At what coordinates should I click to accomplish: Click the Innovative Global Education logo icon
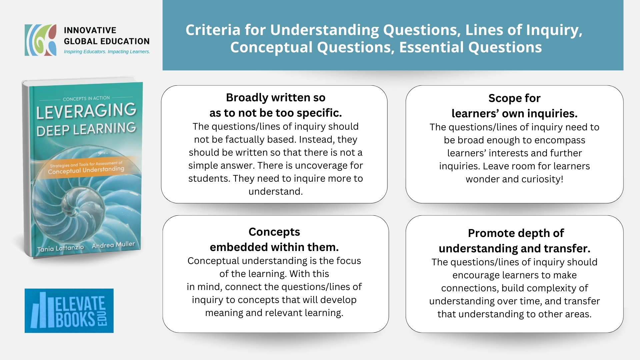[41, 40]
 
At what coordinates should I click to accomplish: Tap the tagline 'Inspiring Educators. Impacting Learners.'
[107, 52]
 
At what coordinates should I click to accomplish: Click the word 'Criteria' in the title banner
[213, 30]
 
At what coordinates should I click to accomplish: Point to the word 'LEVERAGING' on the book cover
[86, 111]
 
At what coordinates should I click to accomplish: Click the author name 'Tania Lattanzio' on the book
[61, 248]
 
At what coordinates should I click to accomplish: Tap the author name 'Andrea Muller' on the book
[113, 245]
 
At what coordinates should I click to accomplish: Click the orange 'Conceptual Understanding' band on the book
[86, 168]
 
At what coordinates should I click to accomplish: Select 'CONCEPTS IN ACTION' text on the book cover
[86, 99]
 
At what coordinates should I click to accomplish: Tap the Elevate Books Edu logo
[69, 311]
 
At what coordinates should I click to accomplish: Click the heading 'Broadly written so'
[276, 98]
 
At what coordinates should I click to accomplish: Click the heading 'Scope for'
[514, 98]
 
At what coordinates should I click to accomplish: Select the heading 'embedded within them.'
[274, 247]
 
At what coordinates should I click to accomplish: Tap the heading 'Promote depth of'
[516, 233]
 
